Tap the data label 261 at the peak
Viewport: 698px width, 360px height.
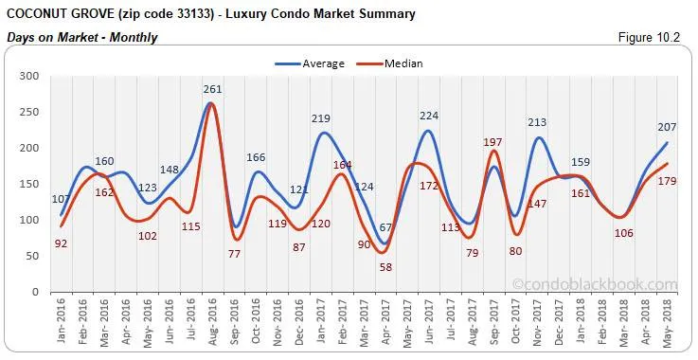tap(212, 90)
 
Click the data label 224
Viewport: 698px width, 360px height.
tap(428, 117)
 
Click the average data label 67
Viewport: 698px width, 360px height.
tap(385, 227)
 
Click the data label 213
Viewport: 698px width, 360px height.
tap(537, 122)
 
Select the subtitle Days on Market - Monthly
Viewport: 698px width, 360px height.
tap(81, 37)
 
